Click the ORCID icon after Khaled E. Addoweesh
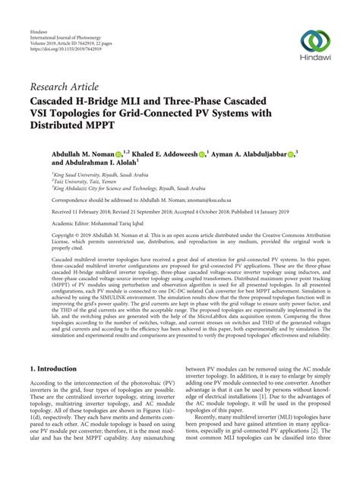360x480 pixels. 203,154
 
